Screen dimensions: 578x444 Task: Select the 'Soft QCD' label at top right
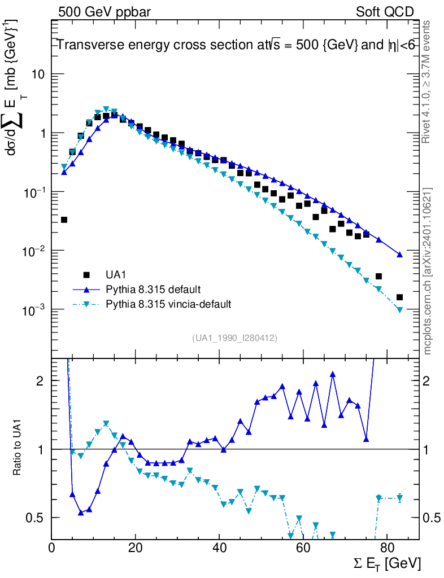click(385, 12)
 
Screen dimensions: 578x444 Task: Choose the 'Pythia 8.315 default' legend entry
click(153, 290)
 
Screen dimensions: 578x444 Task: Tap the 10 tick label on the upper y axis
click(38, 75)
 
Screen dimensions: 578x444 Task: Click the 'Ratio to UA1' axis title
click(18, 449)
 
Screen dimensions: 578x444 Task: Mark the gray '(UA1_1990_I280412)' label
click(235, 338)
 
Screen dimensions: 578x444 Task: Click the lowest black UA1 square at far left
click(64, 220)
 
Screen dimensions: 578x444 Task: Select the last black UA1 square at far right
click(399, 297)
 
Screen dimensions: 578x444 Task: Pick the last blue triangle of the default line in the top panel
click(399, 255)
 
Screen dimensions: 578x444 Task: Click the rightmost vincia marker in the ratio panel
click(399, 498)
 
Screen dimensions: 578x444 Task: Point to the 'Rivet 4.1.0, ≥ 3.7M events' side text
click(428, 82)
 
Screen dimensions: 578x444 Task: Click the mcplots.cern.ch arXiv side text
click(428, 271)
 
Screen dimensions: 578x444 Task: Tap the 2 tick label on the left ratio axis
click(40, 381)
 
